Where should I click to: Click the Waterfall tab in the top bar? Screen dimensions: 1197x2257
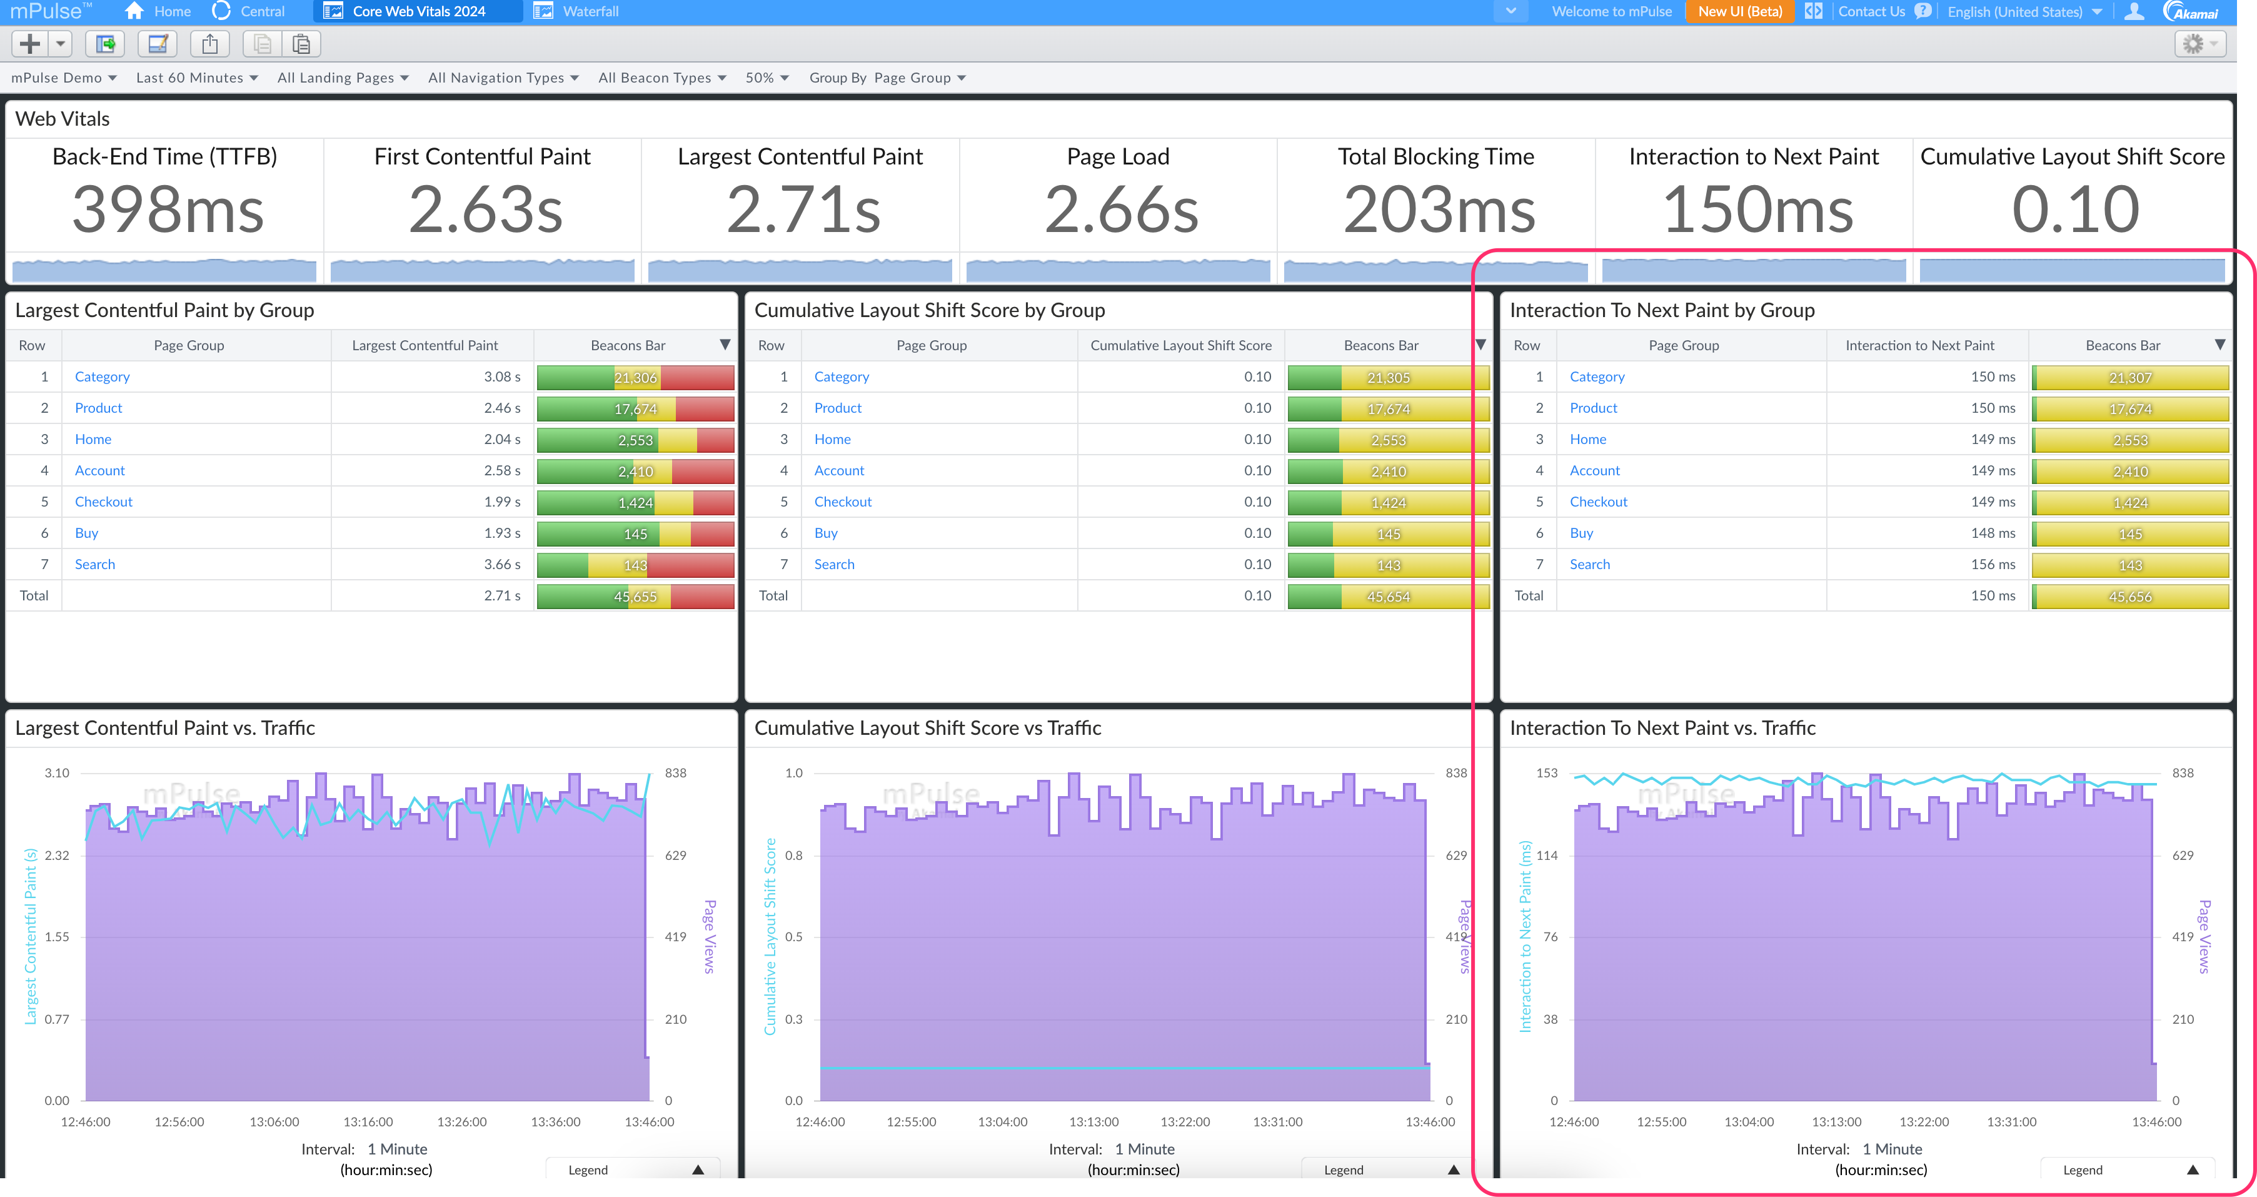point(589,11)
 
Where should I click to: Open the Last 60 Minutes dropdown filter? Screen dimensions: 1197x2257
point(196,78)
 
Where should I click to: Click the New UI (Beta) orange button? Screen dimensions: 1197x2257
point(1739,11)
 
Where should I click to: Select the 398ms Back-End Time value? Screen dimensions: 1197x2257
point(168,210)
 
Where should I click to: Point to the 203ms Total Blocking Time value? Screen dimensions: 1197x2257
point(1439,210)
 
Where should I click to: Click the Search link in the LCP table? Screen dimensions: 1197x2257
point(94,564)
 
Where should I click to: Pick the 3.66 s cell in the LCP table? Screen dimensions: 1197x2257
point(501,564)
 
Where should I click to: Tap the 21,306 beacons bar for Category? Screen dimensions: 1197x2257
point(635,378)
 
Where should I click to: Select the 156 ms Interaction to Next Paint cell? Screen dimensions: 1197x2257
point(1993,564)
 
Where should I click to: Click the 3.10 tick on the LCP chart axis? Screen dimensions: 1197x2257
point(57,773)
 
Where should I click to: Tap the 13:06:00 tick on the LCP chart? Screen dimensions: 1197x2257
point(274,1121)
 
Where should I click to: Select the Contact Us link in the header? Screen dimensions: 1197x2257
point(1871,11)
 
